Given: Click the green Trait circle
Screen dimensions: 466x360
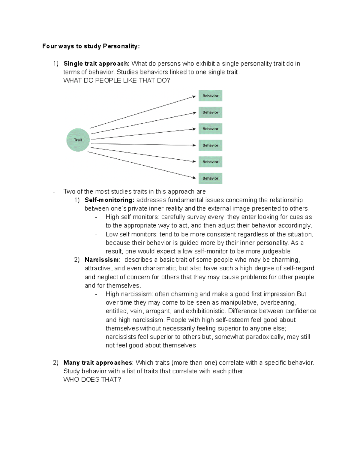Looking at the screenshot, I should pos(78,140).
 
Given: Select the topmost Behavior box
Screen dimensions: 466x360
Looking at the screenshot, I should pos(210,96).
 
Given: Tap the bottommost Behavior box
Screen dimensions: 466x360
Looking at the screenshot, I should pos(210,178).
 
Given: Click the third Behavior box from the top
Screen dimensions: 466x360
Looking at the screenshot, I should pos(210,129).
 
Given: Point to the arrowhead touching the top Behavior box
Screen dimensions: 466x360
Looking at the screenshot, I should pos(194,97).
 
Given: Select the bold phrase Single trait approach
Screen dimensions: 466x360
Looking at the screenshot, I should pos(96,64).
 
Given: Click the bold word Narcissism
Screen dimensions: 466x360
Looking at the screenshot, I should pos(102,260).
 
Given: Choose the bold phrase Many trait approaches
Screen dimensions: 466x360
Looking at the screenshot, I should pos(98,363).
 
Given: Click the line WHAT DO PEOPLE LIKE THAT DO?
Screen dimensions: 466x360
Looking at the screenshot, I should pos(117,80).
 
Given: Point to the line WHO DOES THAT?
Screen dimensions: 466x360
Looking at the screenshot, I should pos(92,380).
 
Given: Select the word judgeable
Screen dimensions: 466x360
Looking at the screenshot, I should pos(276,251).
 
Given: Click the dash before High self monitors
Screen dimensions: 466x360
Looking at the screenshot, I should pos(96,217).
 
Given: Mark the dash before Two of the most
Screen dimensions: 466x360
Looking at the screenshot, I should pos(54,192).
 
